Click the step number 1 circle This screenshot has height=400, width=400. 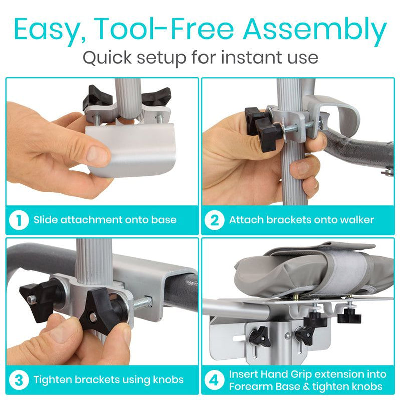[x=19, y=220]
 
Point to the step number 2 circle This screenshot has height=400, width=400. [x=214, y=220]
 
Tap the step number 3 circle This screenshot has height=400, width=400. [x=19, y=379]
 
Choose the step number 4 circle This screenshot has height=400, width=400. [x=214, y=379]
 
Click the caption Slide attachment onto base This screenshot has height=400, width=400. [x=105, y=220]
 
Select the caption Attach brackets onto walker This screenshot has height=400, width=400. [x=301, y=220]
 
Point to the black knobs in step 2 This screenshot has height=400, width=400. [x=261, y=125]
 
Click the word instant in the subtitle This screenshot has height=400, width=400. [x=242, y=57]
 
